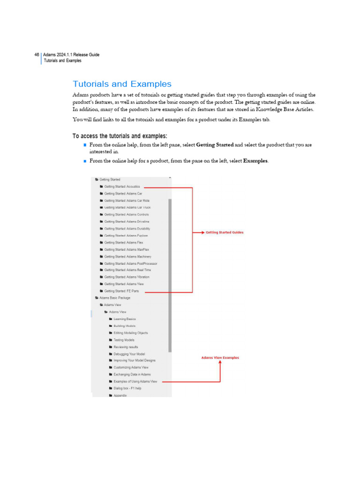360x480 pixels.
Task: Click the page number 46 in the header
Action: pos(37,55)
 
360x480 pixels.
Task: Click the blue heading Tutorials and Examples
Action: pos(122,84)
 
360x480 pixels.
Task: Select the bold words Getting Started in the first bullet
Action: pos(214,145)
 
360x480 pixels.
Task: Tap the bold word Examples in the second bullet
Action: pos(255,161)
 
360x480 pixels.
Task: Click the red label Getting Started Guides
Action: pos(225,232)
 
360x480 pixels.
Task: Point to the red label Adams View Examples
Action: pos(220,358)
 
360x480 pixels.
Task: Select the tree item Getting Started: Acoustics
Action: pos(122,187)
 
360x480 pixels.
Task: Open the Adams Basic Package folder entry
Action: pos(114,298)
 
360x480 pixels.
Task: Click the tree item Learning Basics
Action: pos(124,319)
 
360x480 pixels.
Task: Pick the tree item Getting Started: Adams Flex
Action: pos(123,242)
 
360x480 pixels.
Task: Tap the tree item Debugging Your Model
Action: pos(129,354)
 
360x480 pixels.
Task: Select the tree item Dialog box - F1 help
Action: pos(127,388)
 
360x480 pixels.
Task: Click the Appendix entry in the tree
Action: pos(120,396)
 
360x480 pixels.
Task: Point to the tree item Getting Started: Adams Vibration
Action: pos(127,277)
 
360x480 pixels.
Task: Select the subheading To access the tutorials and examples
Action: pos(120,136)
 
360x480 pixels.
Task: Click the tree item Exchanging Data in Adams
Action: pos(132,375)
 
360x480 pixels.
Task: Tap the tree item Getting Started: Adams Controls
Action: pos(126,215)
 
